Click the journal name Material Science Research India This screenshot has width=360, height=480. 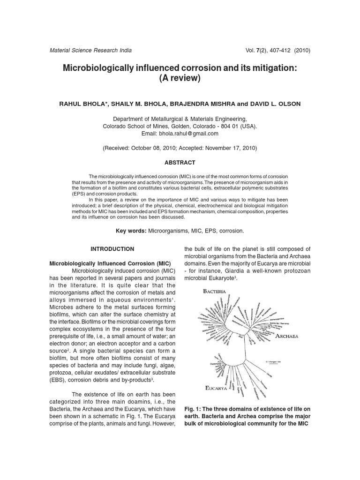click(90, 51)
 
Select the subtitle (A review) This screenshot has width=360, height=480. click(180, 79)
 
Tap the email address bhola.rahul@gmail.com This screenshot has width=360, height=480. click(189, 134)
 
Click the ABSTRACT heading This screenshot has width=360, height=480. click(180, 163)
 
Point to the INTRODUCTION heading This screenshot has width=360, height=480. click(112, 249)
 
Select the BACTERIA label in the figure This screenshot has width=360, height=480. click(214, 292)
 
